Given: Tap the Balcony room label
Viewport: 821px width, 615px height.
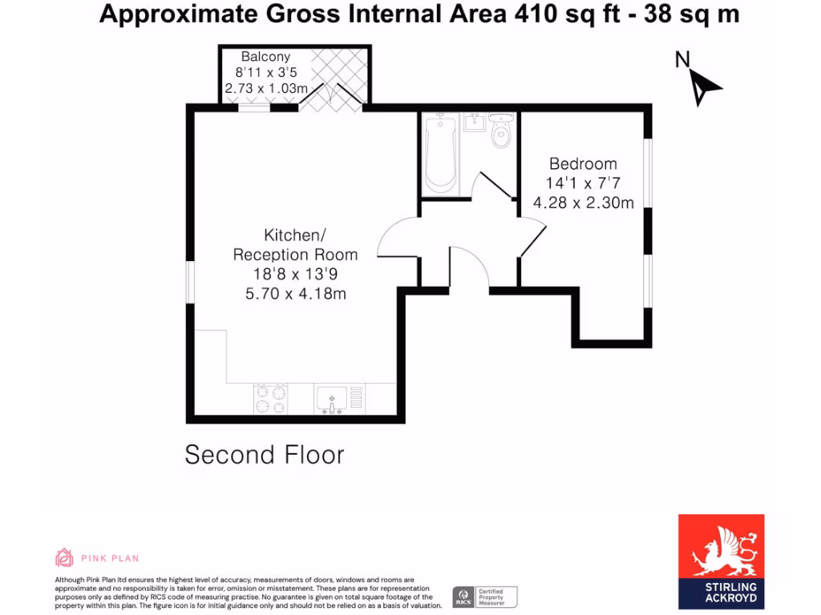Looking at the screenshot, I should click(x=265, y=57).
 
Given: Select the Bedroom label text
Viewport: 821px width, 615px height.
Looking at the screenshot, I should click(x=583, y=164).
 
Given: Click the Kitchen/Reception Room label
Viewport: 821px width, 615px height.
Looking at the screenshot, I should click(x=295, y=245).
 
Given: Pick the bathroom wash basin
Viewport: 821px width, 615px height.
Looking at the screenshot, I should click(x=473, y=122).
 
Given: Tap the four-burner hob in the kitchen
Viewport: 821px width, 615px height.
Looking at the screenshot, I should click(x=271, y=399).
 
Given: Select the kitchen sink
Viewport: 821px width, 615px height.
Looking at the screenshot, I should click(x=331, y=398).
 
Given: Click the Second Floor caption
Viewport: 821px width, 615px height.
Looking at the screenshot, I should click(x=265, y=455).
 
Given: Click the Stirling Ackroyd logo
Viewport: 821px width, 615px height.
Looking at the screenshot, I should click(x=721, y=561).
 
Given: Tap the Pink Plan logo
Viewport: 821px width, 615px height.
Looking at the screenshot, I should click(x=96, y=557).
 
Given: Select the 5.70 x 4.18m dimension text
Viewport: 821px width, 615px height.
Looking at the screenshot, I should click(x=295, y=294).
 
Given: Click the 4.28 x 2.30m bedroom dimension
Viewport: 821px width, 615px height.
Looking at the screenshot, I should click(x=584, y=203).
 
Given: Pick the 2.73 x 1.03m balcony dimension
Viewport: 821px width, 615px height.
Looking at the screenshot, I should click(x=265, y=88).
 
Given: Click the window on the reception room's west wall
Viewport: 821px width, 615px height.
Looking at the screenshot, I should click(x=190, y=283).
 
